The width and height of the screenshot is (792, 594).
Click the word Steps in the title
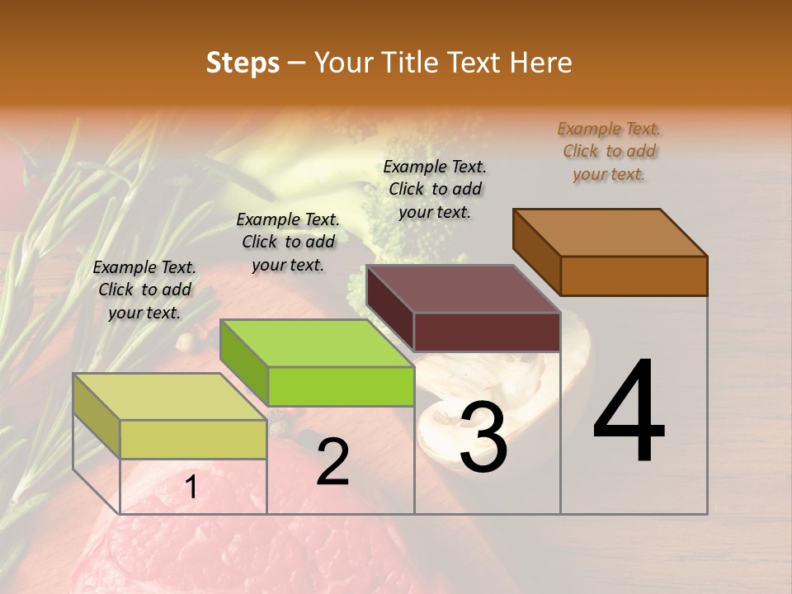click(242, 63)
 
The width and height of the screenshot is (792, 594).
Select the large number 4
click(629, 412)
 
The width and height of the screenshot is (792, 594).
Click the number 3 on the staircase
click(483, 437)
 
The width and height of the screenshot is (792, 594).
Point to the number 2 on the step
click(332, 462)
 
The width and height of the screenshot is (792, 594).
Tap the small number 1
click(191, 488)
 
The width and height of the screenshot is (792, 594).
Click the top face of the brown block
click(610, 233)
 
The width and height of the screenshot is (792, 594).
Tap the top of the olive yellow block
click(170, 397)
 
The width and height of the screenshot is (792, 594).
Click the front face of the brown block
click(634, 276)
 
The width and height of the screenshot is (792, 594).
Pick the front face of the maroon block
click(487, 332)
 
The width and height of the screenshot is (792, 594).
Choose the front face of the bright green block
click(341, 386)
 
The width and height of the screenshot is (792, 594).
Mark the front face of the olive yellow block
click(193, 439)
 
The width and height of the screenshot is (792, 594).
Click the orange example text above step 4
click(609, 151)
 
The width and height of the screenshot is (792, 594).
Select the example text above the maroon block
click(435, 189)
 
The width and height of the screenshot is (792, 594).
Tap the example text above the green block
click(288, 242)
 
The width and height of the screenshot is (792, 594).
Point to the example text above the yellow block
click(144, 290)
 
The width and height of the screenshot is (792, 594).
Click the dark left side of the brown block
click(536, 251)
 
